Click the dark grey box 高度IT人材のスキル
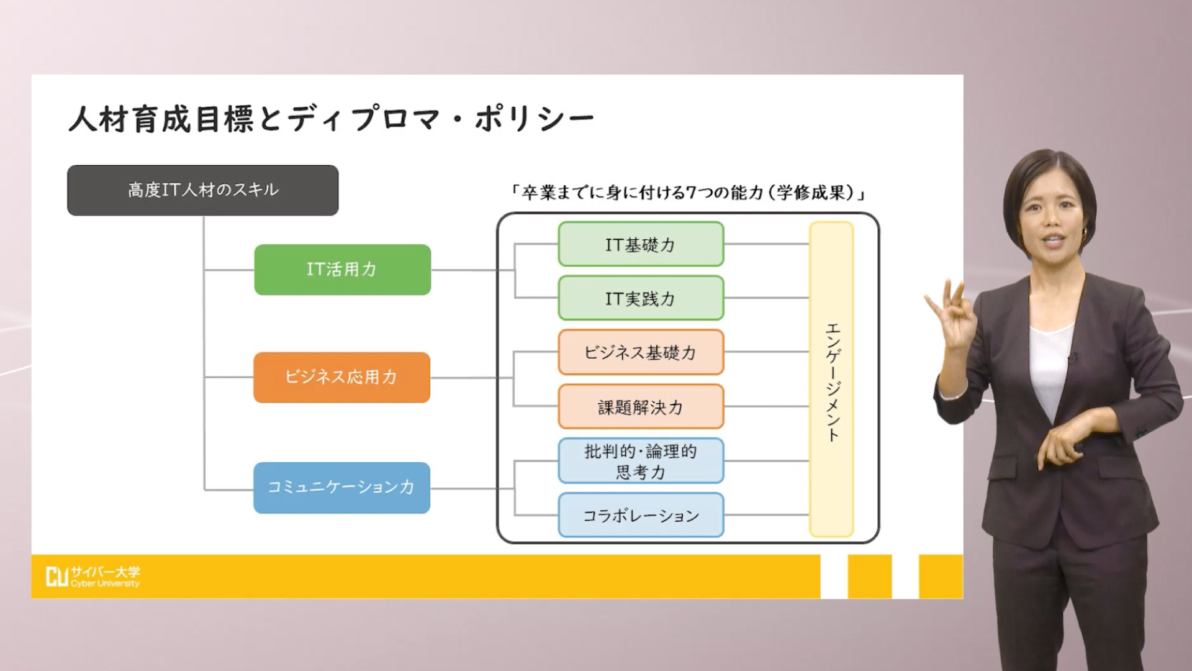[203, 190]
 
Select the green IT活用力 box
[342, 270]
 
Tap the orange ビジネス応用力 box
[341, 377]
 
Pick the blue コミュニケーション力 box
[341, 488]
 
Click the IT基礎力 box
[641, 244]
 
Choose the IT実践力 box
[641, 298]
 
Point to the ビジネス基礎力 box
[641, 352]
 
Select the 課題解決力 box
[641, 407]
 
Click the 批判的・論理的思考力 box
[641, 461]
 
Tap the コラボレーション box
[641, 515]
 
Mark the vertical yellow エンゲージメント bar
[831, 379]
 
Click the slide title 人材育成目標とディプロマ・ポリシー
[332, 118]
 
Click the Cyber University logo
[93, 577]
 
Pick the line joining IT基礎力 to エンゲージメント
[767, 244]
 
